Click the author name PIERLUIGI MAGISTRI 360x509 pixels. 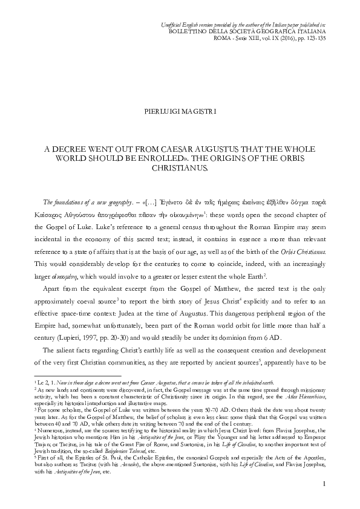coord(180,112)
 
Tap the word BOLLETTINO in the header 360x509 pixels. coord(189,29)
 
